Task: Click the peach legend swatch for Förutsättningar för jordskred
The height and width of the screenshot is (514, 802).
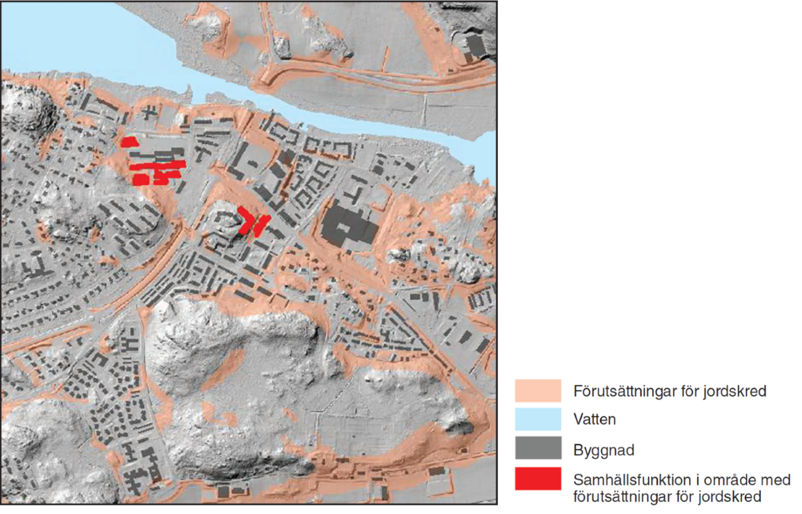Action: (537, 390)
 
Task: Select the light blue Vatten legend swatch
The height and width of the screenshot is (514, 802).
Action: (537, 419)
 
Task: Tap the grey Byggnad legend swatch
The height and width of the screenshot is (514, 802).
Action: (537, 448)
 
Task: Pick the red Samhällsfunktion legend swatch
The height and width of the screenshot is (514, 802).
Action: (537, 478)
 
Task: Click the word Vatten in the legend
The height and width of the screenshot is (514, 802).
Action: (594, 419)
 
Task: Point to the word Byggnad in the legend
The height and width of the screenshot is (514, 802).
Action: (603, 450)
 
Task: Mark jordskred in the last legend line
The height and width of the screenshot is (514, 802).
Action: (730, 496)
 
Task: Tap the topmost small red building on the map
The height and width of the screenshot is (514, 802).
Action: (129, 142)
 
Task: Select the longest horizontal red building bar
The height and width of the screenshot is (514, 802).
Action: (158, 166)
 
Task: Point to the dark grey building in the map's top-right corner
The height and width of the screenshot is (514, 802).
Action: (475, 46)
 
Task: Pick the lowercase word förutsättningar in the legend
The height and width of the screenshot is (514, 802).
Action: (621, 496)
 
